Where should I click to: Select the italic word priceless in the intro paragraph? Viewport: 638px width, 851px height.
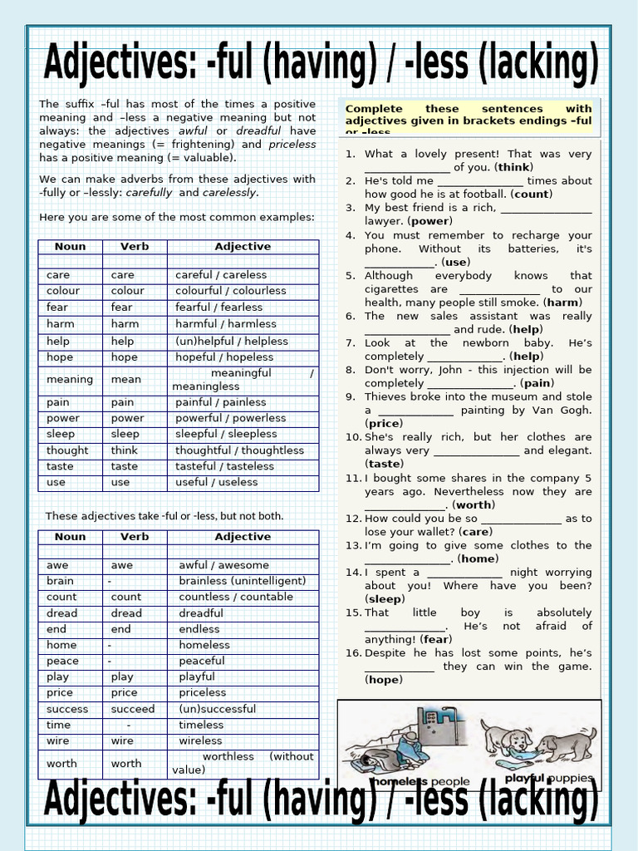tap(292, 144)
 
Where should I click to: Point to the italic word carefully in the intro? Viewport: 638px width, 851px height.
tap(149, 192)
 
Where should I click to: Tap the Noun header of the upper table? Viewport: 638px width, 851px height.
tap(70, 247)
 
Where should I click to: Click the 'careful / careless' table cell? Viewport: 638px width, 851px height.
tap(221, 274)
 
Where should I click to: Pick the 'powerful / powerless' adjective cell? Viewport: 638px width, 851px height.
tap(230, 418)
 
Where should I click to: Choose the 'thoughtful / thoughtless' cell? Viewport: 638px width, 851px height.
tap(239, 450)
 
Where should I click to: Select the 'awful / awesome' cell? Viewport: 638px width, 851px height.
tap(223, 565)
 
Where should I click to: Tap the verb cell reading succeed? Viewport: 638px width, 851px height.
tap(132, 709)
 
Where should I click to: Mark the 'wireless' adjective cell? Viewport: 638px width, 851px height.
tap(200, 740)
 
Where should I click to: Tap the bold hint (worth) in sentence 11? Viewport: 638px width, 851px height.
tap(474, 504)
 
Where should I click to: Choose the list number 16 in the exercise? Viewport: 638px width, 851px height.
tap(352, 653)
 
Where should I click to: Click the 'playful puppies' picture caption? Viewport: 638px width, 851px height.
tap(549, 779)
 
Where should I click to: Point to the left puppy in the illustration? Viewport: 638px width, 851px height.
tap(507, 739)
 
